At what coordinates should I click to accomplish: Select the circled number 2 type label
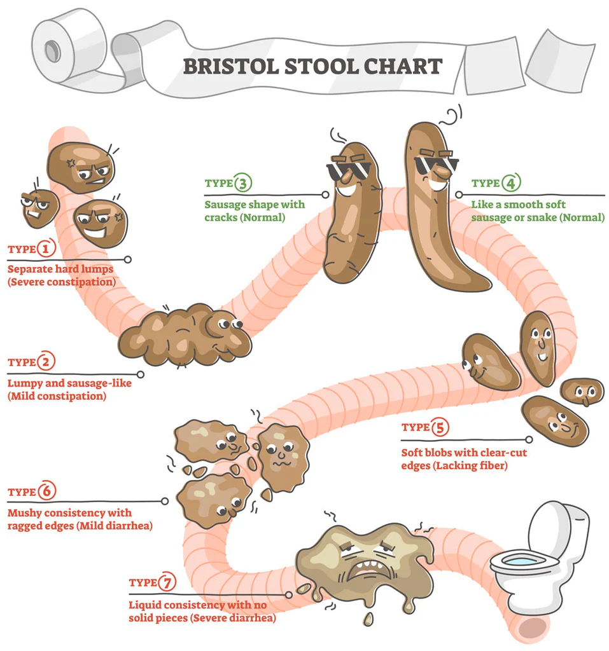click(x=46, y=362)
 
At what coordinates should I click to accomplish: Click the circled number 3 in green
click(x=243, y=183)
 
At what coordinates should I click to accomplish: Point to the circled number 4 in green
click(x=510, y=183)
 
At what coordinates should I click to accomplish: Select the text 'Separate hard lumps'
click(x=60, y=270)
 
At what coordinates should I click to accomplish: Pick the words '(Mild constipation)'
click(x=57, y=395)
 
